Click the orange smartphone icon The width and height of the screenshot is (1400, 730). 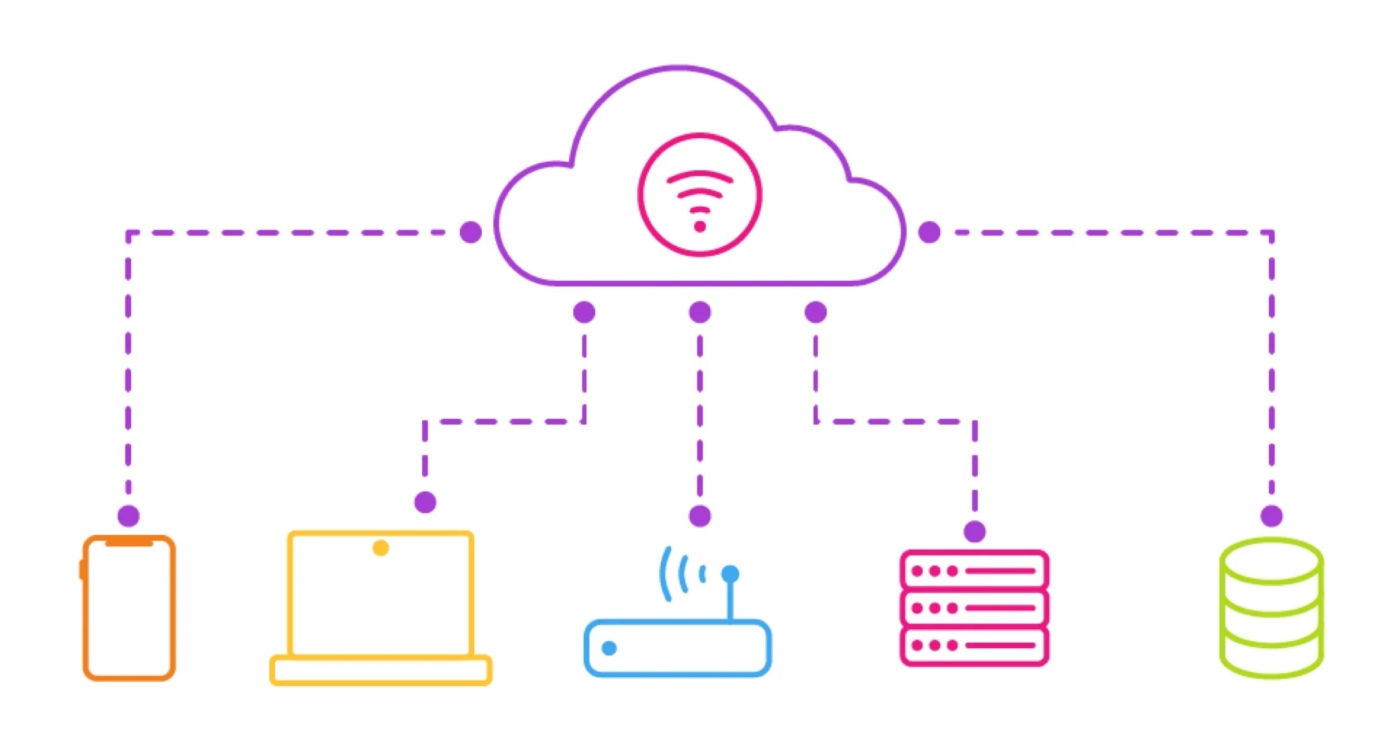click(x=129, y=608)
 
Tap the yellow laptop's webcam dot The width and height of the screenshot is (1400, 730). click(x=380, y=547)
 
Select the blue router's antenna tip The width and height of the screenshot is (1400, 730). click(x=730, y=574)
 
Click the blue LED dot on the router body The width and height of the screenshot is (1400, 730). click(x=609, y=648)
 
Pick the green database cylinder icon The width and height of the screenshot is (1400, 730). click(x=1271, y=608)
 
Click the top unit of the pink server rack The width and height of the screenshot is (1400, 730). click(x=974, y=570)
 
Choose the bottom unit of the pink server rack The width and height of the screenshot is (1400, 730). click(x=974, y=646)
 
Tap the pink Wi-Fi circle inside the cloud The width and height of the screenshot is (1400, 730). click(x=699, y=195)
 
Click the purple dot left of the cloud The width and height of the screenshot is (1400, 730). click(x=470, y=232)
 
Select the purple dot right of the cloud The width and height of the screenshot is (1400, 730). click(x=929, y=232)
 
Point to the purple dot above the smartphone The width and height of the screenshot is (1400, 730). click(x=129, y=516)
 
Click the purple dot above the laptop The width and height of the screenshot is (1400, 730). click(x=425, y=503)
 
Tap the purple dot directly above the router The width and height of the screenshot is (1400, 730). click(x=699, y=516)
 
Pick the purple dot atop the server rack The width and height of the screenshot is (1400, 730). click(x=975, y=532)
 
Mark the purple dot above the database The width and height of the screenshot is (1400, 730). click(x=1271, y=516)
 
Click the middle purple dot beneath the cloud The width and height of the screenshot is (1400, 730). click(x=699, y=312)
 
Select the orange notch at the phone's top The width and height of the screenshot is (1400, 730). click(x=129, y=542)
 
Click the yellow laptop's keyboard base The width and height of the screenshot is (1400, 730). click(x=380, y=670)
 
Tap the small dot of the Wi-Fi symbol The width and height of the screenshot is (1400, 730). click(x=699, y=226)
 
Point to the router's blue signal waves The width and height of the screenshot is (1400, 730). click(x=682, y=573)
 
